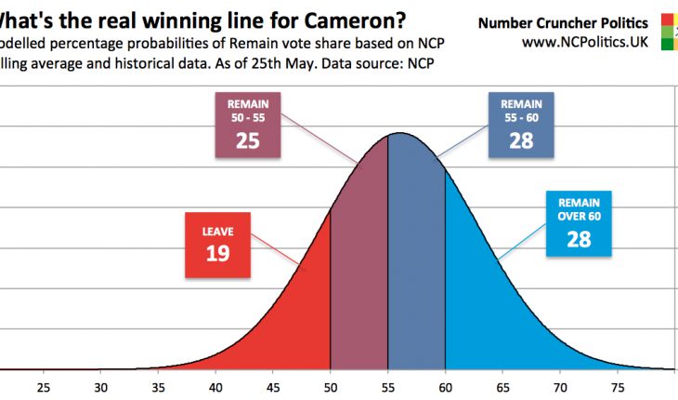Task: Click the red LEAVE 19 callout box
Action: click(x=218, y=245)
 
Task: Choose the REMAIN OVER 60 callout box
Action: click(x=579, y=223)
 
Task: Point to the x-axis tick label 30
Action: click(x=101, y=387)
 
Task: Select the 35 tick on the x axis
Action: click(x=159, y=387)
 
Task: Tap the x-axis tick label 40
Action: click(x=216, y=387)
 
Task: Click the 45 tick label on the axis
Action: click(x=274, y=387)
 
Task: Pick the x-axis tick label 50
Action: click(x=331, y=387)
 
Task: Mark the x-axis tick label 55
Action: click(x=388, y=387)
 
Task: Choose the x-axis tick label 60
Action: click(x=446, y=387)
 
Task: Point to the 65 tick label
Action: click(x=503, y=387)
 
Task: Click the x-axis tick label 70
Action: click(x=561, y=387)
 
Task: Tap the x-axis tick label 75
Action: click(x=619, y=387)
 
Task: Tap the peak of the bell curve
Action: click(x=399, y=134)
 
